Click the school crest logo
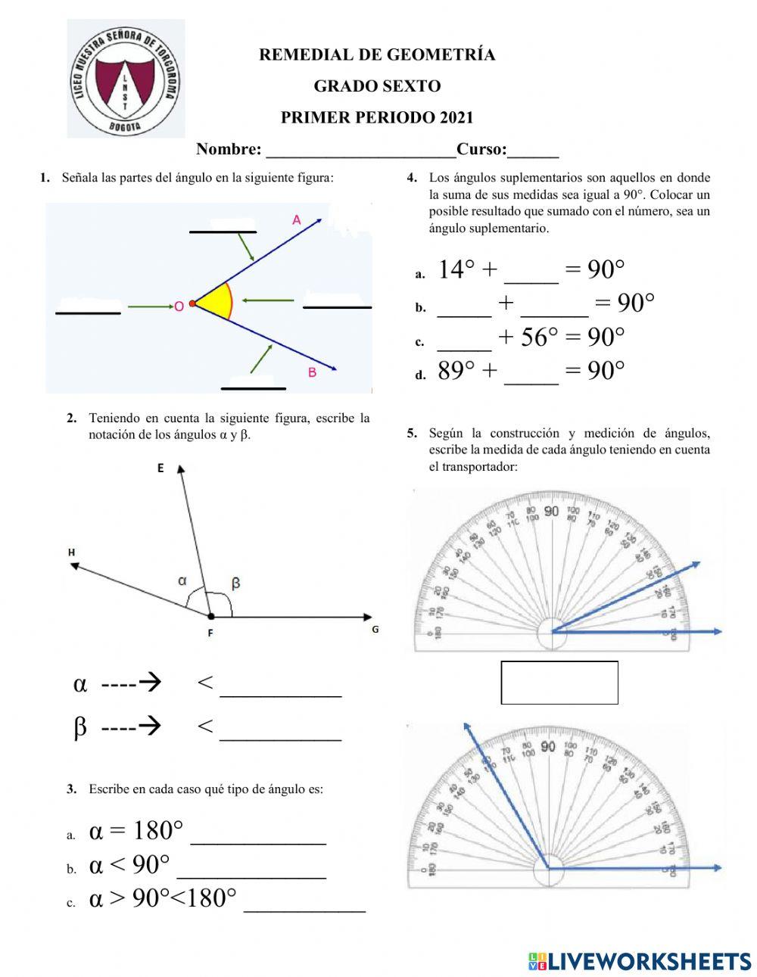pyautogui.click(x=125, y=79)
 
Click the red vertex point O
pyautogui.click(x=192, y=303)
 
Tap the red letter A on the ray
pyautogui.click(x=297, y=219)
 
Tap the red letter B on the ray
pyautogui.click(x=312, y=372)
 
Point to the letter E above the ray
pyautogui.click(x=160, y=468)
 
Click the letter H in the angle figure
pyautogui.click(x=72, y=552)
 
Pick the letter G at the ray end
pyautogui.click(x=375, y=629)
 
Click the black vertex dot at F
pyautogui.click(x=210, y=617)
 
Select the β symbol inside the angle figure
pyautogui.click(x=235, y=583)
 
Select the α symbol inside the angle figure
pyautogui.click(x=182, y=581)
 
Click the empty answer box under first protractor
pyautogui.click(x=559, y=683)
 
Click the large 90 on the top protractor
pyautogui.click(x=551, y=512)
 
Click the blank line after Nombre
pyautogui.click(x=360, y=150)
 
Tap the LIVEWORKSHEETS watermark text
pyautogui.click(x=649, y=961)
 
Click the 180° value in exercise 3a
pyautogui.click(x=157, y=831)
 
